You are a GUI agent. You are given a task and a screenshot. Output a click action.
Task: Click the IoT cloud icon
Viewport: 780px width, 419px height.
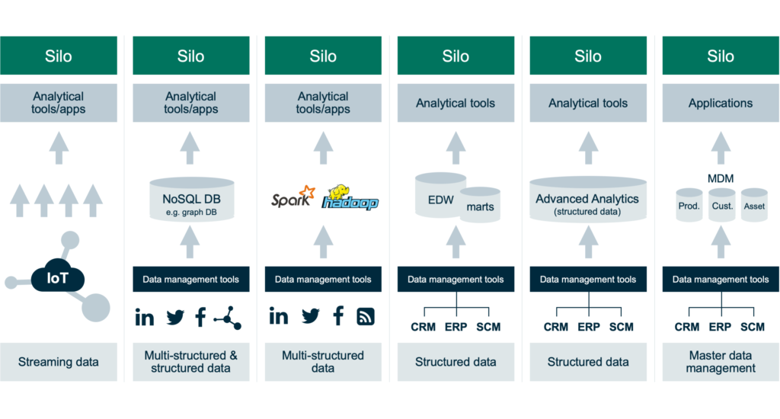point(58,277)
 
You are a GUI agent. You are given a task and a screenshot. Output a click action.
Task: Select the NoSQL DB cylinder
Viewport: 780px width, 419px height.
point(191,199)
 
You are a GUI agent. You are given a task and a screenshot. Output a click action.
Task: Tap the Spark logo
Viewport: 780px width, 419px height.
point(293,197)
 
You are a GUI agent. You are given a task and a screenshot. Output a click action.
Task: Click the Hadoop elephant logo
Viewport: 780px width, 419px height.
point(350,197)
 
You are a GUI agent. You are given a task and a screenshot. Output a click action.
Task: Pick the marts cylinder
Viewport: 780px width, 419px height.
point(480,204)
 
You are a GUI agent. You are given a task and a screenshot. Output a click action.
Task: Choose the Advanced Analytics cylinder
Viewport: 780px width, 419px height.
point(588,199)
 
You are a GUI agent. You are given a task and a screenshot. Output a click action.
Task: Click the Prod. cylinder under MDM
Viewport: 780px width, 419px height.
point(689,205)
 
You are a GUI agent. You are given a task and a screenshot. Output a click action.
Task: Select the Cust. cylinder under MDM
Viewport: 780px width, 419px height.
point(722,205)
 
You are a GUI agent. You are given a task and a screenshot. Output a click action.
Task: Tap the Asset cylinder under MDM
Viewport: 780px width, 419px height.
point(754,205)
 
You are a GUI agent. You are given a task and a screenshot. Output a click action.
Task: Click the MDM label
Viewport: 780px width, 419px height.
point(721,178)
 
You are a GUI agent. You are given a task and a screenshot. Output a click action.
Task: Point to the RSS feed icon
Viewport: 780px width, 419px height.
point(366,316)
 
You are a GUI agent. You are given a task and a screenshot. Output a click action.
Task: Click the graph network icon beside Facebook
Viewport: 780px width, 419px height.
point(228,317)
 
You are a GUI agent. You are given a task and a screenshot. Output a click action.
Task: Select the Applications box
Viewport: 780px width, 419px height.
point(721,103)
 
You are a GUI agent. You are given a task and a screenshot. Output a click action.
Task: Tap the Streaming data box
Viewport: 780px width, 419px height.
point(59,362)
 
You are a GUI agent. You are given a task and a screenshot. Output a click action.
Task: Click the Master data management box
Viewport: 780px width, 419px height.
point(721,362)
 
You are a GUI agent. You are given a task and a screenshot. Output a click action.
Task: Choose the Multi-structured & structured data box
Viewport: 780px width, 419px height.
point(191,362)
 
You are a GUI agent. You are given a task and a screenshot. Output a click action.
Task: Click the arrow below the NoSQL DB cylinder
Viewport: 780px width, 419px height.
point(190,241)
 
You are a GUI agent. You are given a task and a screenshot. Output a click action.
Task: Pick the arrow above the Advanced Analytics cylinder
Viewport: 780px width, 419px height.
point(589,148)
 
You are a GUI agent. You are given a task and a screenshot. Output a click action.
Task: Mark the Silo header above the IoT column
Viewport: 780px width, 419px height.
point(59,56)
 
